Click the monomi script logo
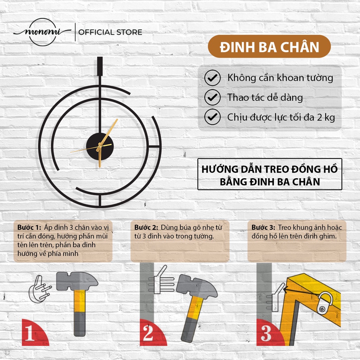click(x=43, y=32)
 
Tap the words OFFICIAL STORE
click(x=110, y=32)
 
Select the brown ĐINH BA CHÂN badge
click(x=269, y=46)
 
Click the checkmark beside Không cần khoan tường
click(x=212, y=78)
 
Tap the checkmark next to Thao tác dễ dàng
click(x=212, y=97)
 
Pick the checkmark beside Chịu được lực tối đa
click(x=212, y=117)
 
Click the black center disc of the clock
click(x=100, y=146)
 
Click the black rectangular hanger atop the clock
click(x=100, y=66)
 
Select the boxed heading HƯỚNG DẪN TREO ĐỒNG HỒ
click(x=270, y=169)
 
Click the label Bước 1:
click(x=29, y=227)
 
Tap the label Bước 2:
click(x=146, y=227)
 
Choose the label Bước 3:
click(x=263, y=227)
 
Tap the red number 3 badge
click(x=269, y=334)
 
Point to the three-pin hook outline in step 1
click(x=39, y=289)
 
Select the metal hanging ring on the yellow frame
click(x=325, y=303)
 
